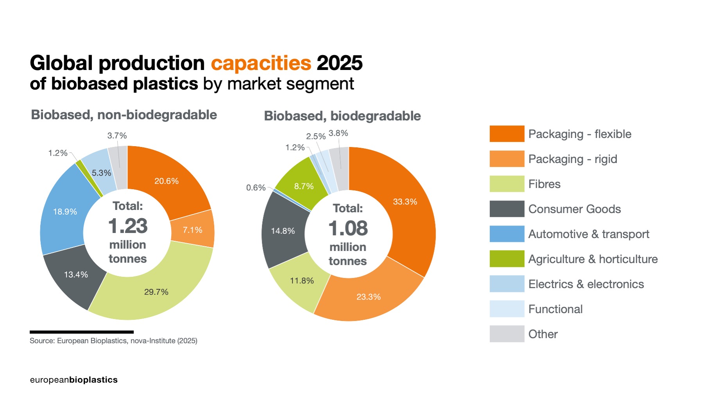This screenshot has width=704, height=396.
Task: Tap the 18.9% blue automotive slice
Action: tap(64, 211)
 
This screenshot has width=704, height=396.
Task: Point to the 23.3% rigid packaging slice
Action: tap(368, 296)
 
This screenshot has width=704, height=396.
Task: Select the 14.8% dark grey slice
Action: tap(283, 231)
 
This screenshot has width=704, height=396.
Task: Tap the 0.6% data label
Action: tap(256, 188)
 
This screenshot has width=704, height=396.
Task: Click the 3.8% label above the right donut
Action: tap(338, 133)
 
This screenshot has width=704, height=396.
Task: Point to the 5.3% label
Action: tap(101, 173)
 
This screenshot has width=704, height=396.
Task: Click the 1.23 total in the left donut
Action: tap(128, 226)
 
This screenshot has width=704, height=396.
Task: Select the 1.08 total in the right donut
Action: tap(348, 228)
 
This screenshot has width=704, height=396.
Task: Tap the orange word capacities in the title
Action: tap(261, 63)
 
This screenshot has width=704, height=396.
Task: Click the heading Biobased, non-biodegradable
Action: tap(124, 115)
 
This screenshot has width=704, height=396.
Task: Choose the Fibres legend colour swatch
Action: tap(507, 184)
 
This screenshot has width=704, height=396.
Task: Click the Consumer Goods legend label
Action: tap(574, 209)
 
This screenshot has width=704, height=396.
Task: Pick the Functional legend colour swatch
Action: tap(507, 309)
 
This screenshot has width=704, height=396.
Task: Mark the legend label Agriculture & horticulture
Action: tap(593, 259)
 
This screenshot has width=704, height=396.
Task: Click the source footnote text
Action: tap(113, 341)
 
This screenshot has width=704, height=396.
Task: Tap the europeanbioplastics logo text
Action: tap(73, 380)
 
